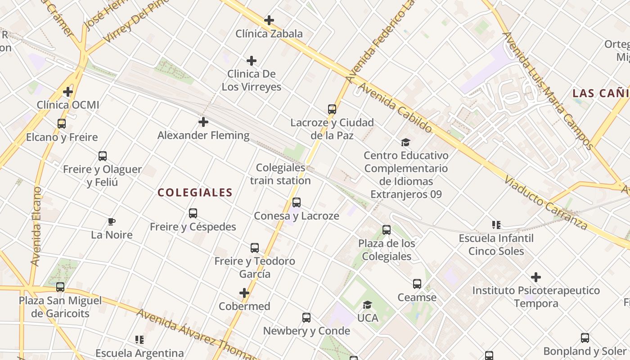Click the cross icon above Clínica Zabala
point(269,20)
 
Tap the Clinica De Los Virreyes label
point(252,80)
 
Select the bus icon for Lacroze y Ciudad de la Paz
point(332,109)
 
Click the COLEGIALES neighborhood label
point(195,193)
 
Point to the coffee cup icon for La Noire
point(112,221)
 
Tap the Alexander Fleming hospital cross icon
point(203,122)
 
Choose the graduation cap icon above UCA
point(368,305)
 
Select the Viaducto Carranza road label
point(545,202)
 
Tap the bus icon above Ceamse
point(417,284)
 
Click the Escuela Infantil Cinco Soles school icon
point(496,225)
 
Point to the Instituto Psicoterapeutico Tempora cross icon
point(535,277)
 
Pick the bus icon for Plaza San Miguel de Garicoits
point(60,287)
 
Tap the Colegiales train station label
point(280,174)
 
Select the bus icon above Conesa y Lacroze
point(297,202)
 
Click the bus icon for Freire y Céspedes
point(193,213)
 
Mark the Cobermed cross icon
point(244,293)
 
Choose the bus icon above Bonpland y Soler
point(585,338)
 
